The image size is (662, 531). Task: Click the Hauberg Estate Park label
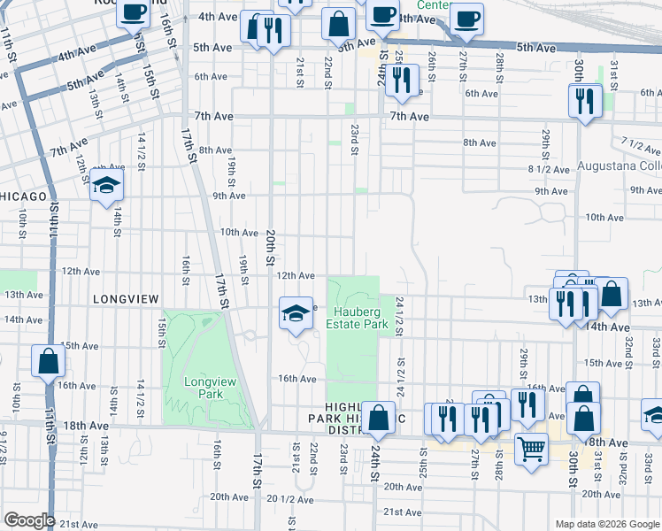click(x=361, y=318)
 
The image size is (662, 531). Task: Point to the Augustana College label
click(x=619, y=165)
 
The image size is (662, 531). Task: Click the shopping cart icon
click(x=530, y=450)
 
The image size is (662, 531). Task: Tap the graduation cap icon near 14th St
click(x=106, y=185)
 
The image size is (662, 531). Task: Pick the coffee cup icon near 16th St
click(x=133, y=12)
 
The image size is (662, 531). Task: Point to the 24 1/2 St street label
click(x=400, y=316)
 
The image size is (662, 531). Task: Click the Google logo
click(x=28, y=520)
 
